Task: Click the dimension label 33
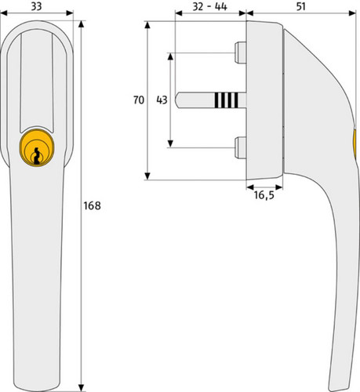coord(36,6)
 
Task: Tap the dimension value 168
coord(92,206)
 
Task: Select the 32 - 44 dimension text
coord(209,6)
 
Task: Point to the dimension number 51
coord(301,6)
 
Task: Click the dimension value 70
coord(139,100)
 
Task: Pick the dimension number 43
coord(162,100)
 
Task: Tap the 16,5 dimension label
coord(264,195)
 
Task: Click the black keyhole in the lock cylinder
coord(37,156)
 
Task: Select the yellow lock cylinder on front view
coord(37,147)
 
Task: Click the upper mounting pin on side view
coord(241,53)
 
